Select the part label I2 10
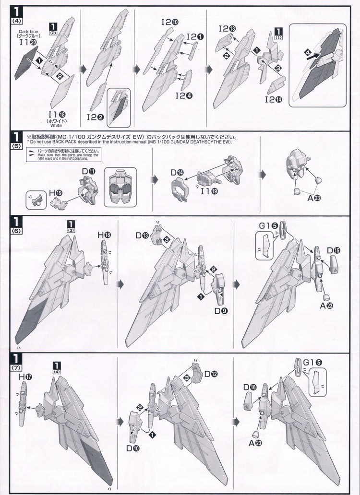pyautogui.click(x=169, y=22)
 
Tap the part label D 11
pyautogui.click(x=88, y=171)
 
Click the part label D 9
pyautogui.click(x=221, y=311)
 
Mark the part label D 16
pyautogui.click(x=250, y=387)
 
